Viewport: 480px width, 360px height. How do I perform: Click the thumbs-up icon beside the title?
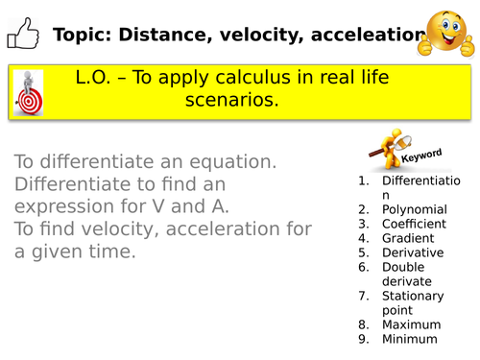click(x=21, y=36)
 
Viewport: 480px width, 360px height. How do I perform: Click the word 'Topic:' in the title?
click(x=81, y=36)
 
